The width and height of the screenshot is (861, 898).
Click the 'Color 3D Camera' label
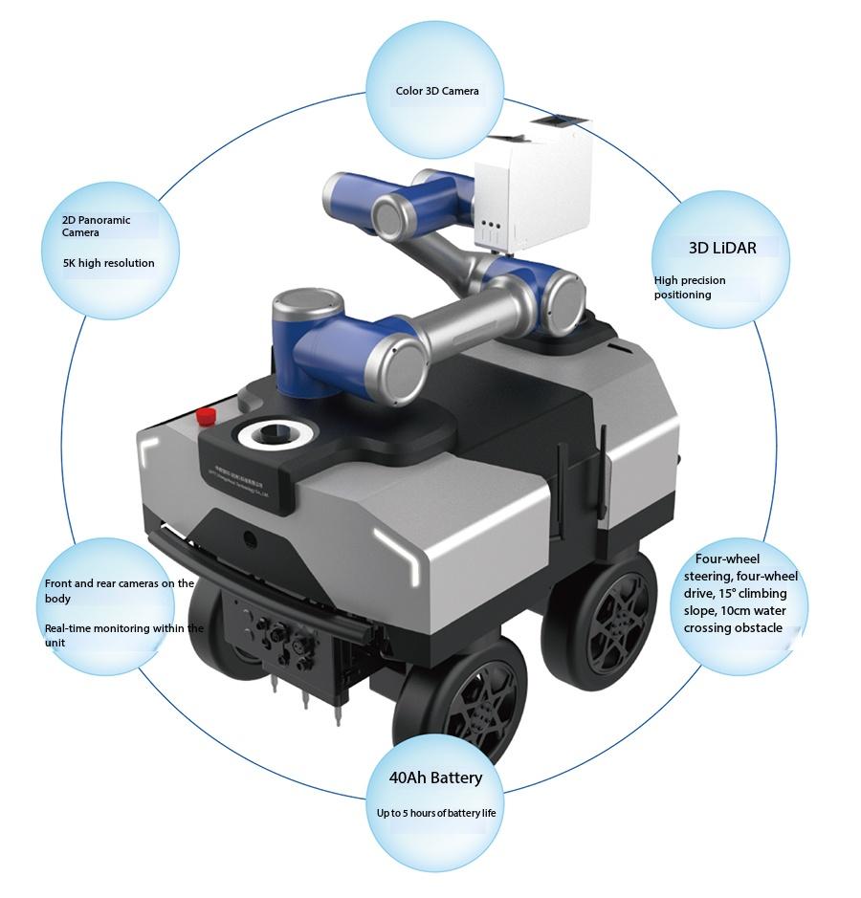pyautogui.click(x=437, y=91)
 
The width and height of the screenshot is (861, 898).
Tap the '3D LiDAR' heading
pyautogui.click(x=722, y=248)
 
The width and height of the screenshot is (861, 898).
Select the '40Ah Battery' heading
pyautogui.click(x=435, y=778)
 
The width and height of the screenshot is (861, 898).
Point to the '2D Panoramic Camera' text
pyautogui.click(x=97, y=227)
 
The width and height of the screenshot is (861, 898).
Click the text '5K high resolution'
pyautogui.click(x=109, y=263)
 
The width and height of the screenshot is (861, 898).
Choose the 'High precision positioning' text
pyautogui.click(x=690, y=287)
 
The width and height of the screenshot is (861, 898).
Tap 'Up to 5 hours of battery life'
pyautogui.click(x=436, y=813)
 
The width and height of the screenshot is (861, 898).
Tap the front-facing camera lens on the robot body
pyautogui.click(x=249, y=537)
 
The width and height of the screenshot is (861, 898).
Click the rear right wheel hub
pyautogui.click(x=622, y=622)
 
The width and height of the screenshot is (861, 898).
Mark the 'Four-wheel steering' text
pyautogui.click(x=740, y=567)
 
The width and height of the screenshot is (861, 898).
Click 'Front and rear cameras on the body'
pyautogui.click(x=120, y=591)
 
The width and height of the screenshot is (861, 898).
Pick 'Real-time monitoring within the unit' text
pyautogui.click(x=123, y=635)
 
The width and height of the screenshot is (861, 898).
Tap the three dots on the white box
pyautogui.click(x=492, y=224)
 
